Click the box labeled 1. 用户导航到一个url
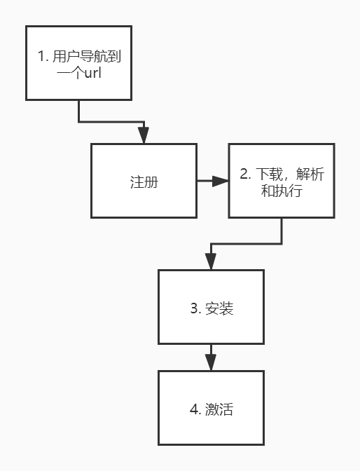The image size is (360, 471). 78,62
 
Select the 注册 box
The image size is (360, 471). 144,181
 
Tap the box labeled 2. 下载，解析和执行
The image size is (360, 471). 282,181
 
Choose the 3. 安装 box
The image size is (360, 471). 211,307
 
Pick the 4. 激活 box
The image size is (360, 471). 211,408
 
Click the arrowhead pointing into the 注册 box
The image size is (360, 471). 144,137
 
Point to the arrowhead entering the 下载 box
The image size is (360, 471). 222,181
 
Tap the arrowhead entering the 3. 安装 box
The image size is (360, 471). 211,263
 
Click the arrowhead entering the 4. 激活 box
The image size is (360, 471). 211,364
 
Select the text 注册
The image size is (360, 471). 144,182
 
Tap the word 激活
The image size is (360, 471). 219,409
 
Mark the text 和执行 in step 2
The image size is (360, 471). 282,189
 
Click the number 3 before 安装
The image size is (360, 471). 194,308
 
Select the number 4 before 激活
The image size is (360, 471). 194,409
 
